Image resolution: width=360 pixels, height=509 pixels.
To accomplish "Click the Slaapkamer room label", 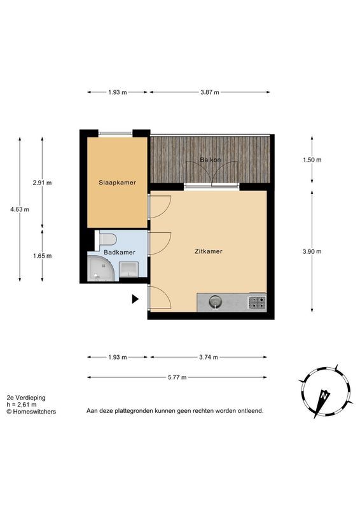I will coord(117,183).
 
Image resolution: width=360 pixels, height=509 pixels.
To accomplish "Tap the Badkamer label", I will coord(119,253).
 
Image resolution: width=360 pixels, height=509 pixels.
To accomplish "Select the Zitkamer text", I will coord(208,251).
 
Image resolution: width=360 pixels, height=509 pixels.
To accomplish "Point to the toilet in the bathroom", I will coord(107,239).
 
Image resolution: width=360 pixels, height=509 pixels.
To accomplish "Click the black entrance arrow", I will coord(135,298).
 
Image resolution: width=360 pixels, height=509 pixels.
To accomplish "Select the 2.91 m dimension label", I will coord(42,183).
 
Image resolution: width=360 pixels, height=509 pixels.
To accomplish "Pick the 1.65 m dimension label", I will coord(42,256).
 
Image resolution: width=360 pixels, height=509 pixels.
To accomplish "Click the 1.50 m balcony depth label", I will coord(312,160).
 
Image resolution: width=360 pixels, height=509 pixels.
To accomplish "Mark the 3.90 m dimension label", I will coord(312,251).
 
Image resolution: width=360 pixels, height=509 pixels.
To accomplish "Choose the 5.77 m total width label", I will coord(177,377).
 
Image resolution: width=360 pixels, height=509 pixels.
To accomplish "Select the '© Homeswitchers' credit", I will coord(31,412).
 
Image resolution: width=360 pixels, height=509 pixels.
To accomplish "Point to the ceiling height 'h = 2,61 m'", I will coord(22,405).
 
